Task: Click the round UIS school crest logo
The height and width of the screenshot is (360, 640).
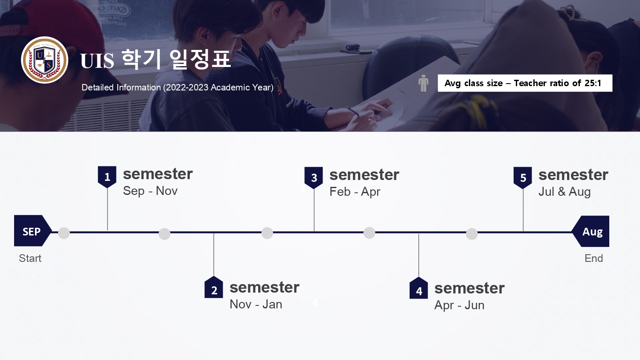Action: [44, 60]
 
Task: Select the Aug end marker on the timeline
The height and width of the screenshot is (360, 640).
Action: [591, 232]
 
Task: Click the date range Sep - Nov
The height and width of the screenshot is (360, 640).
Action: [150, 191]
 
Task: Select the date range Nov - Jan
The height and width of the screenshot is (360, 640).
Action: [256, 304]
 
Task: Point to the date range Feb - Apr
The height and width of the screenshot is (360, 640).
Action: [355, 192]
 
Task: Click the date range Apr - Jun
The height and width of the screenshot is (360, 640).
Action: [460, 305]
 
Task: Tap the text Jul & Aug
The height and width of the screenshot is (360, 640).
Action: [564, 192]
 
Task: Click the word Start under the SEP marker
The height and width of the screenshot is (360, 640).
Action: [30, 258]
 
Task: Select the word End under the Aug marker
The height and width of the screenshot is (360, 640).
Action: [594, 258]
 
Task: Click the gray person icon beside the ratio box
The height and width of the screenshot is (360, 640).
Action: [423, 83]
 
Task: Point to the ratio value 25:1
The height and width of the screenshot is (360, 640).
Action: [593, 83]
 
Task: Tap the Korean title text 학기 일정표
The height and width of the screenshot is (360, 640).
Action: [176, 59]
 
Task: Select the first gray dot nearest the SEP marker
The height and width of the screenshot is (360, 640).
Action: [64, 233]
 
